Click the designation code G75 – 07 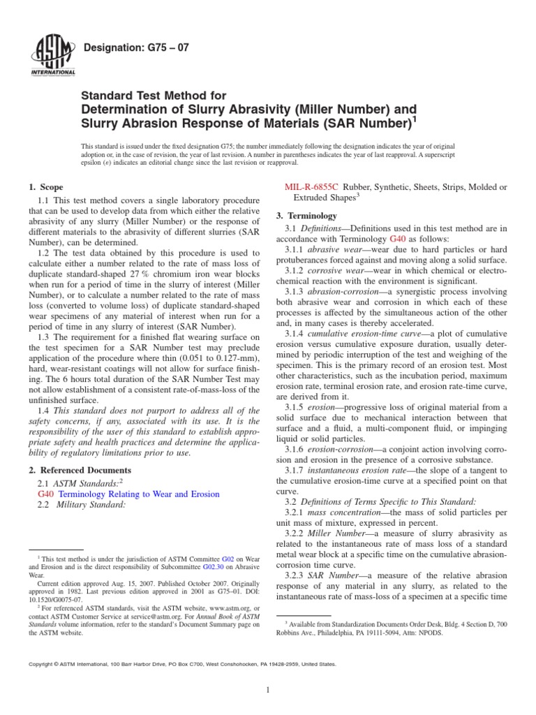coord(135,48)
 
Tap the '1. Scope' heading coord(45,187)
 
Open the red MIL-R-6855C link coord(312,187)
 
